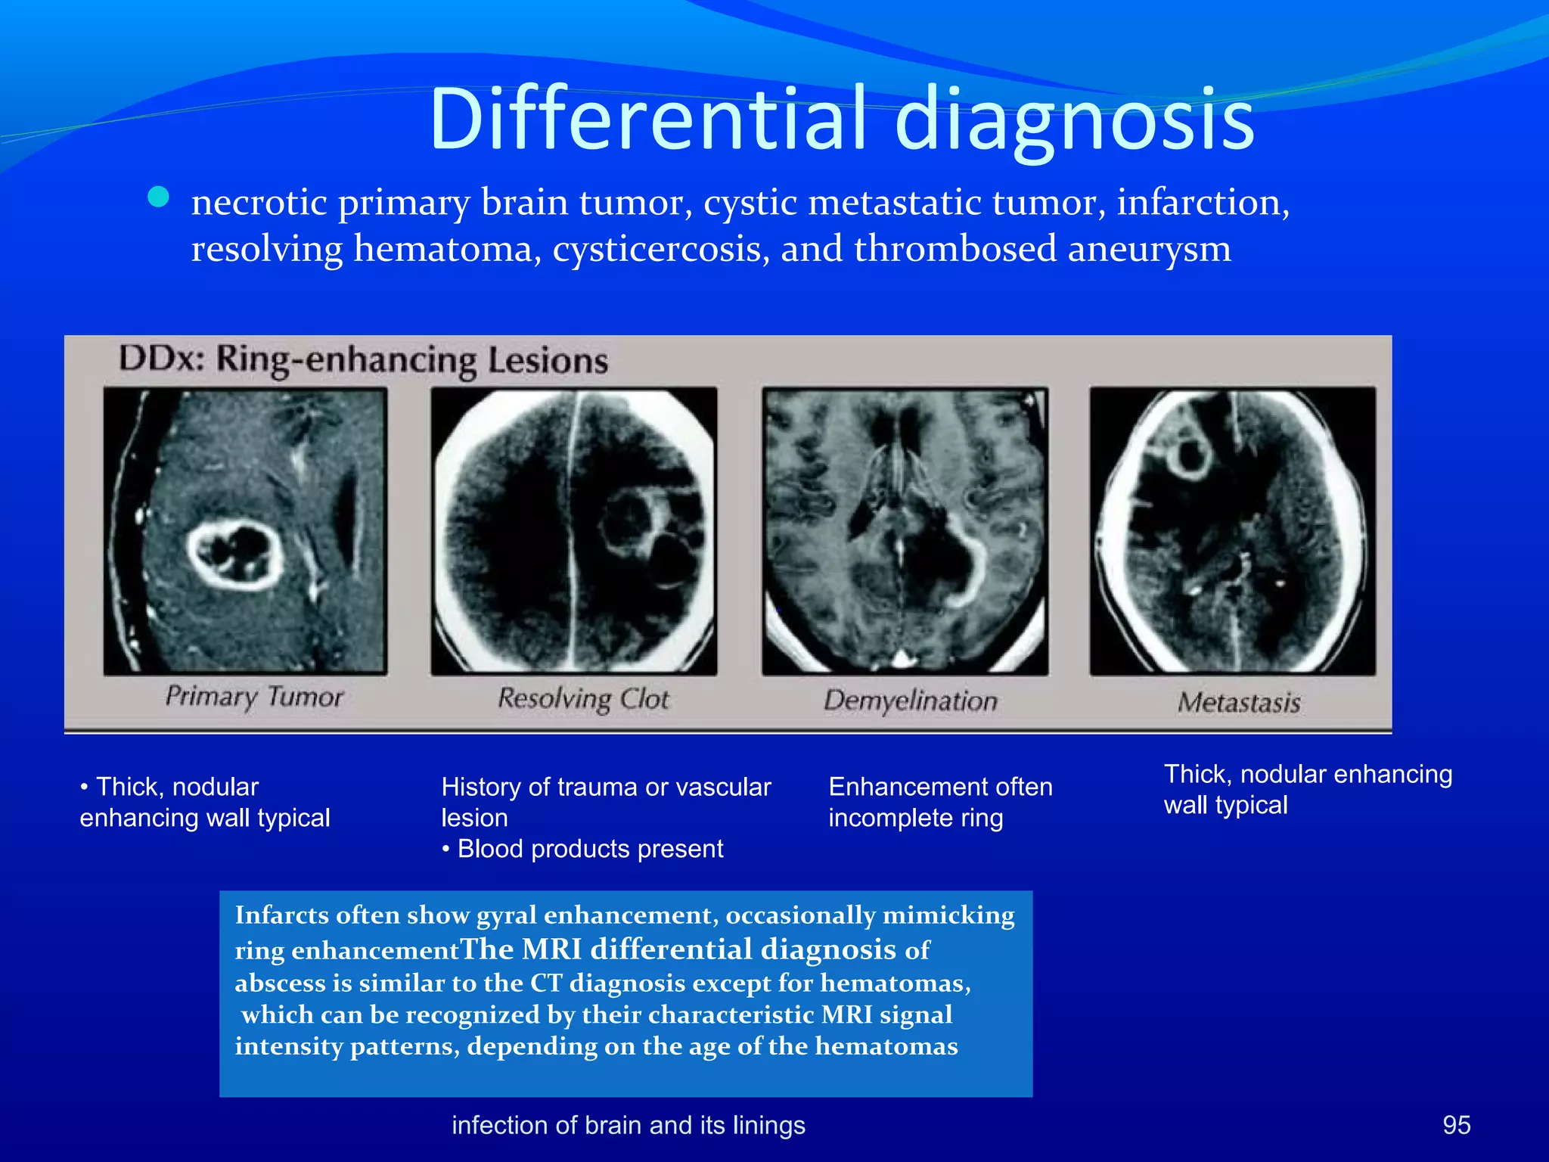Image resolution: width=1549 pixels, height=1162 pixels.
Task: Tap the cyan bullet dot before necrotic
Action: (159, 197)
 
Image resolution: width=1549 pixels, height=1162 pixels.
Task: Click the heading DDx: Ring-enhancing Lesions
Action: (363, 359)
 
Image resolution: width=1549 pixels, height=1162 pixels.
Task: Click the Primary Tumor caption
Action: (254, 696)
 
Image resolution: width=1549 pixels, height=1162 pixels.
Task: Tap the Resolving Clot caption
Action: (583, 698)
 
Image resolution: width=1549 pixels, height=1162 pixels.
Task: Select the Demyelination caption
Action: (910, 701)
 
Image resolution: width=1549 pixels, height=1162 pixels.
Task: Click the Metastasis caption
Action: (1238, 703)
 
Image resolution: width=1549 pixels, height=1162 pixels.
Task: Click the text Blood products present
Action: (590, 849)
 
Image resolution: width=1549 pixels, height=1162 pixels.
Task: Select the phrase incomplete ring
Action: (915, 818)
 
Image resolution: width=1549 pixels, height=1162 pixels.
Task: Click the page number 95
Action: (1456, 1125)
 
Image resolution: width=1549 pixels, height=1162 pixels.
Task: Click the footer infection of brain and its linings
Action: (628, 1125)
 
